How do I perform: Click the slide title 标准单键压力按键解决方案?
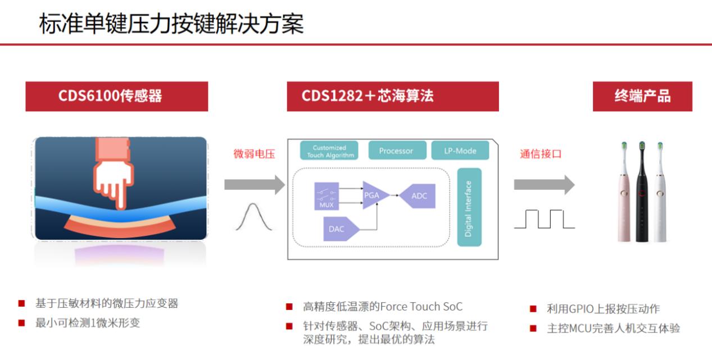[x=171, y=24]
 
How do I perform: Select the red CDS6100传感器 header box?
[x=116, y=96]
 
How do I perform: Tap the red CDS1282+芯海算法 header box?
[x=392, y=96]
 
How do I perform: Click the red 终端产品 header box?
[x=642, y=96]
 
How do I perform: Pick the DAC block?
[x=339, y=229]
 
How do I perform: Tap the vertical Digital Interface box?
[x=469, y=207]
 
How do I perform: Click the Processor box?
[x=396, y=151]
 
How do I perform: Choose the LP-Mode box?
[x=460, y=151]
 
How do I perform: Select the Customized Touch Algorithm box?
[x=329, y=151]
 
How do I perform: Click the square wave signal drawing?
[x=544, y=218]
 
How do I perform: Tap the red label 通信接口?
[x=540, y=154]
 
